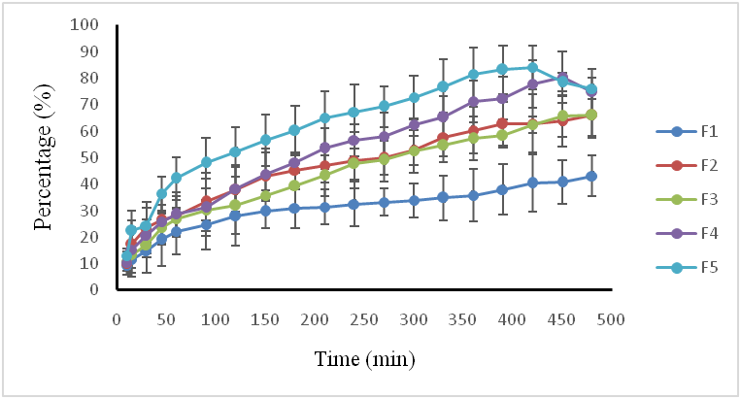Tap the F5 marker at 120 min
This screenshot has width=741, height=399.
click(235, 151)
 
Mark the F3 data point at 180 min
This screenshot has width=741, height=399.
click(294, 185)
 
